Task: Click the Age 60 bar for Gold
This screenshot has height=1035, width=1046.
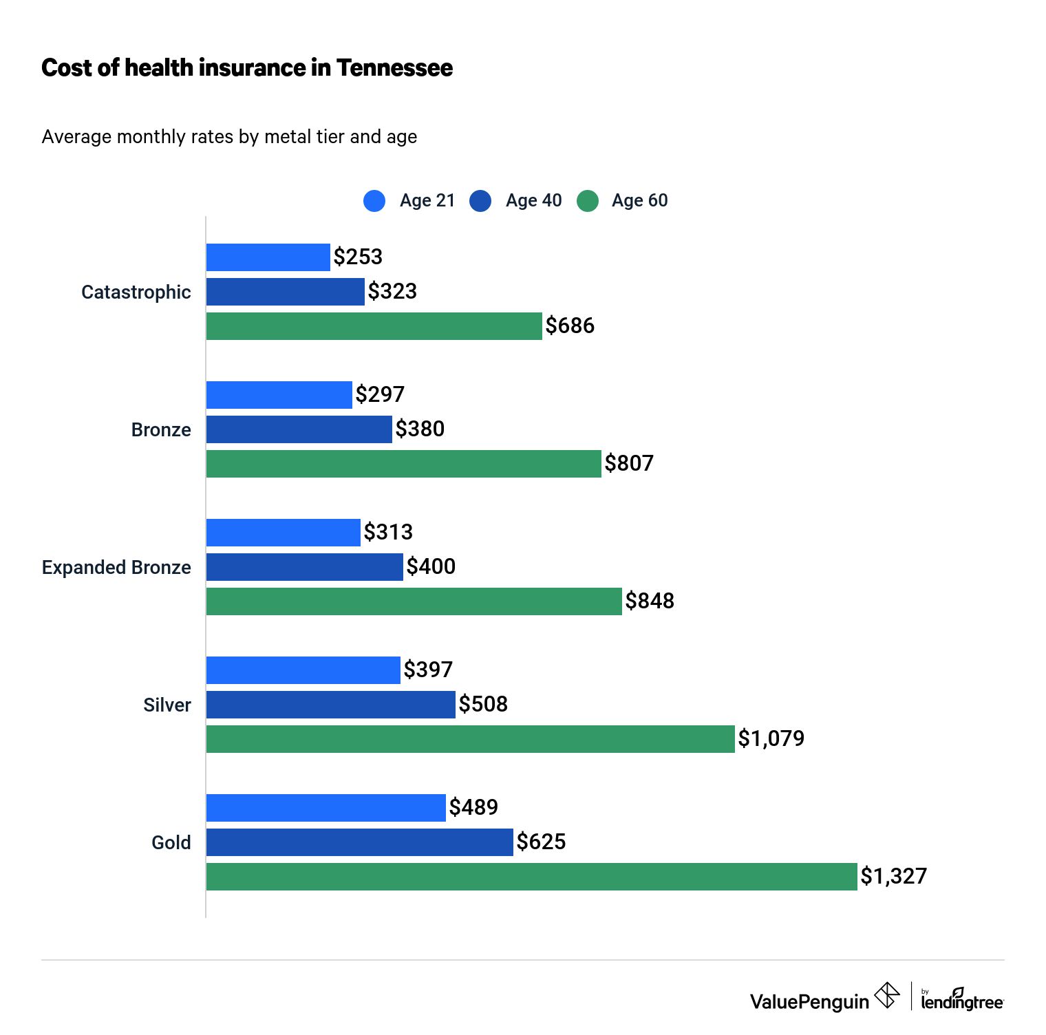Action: point(531,876)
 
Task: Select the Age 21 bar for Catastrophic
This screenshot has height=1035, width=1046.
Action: point(268,257)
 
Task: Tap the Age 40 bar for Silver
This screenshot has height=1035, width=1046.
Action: point(330,704)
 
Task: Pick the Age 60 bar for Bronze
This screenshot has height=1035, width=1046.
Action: point(403,463)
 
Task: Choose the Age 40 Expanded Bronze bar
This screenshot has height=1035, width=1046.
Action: point(304,566)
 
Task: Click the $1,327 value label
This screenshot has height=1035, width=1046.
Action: point(893,876)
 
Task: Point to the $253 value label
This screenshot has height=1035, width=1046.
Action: point(358,257)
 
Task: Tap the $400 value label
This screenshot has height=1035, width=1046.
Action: point(431,566)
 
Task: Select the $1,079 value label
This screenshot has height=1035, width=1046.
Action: point(771,738)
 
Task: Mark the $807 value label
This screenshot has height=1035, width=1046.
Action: point(629,463)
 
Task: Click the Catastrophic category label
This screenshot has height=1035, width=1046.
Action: point(136,292)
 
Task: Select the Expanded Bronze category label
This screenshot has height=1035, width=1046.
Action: point(116,567)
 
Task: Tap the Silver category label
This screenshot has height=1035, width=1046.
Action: point(167,705)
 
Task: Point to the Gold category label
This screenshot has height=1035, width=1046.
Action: point(171,842)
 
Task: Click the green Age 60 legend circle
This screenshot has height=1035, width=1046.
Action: point(587,200)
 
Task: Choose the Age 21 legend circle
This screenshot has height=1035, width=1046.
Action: point(374,200)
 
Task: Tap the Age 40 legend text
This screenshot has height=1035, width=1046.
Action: point(533,200)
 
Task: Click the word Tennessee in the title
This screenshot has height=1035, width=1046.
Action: point(394,67)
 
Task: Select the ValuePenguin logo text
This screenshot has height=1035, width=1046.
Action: point(809,1001)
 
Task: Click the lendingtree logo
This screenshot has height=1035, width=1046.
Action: point(962,1000)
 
